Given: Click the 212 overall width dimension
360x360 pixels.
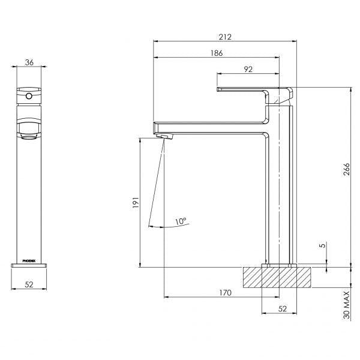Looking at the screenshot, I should click(x=225, y=37).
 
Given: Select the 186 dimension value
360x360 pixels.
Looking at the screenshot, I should click(x=217, y=53).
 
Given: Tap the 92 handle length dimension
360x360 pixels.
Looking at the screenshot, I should click(x=248, y=69).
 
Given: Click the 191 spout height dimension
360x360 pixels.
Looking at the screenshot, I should click(x=136, y=204).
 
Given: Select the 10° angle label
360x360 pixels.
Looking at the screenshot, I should click(x=181, y=221).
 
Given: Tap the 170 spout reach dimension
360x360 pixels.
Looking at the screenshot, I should click(x=225, y=293).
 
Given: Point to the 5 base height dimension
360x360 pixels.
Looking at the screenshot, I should click(x=323, y=245).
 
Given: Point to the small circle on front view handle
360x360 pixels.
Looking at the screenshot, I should click(x=28, y=94).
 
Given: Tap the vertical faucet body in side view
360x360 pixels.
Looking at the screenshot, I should click(x=280, y=192).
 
